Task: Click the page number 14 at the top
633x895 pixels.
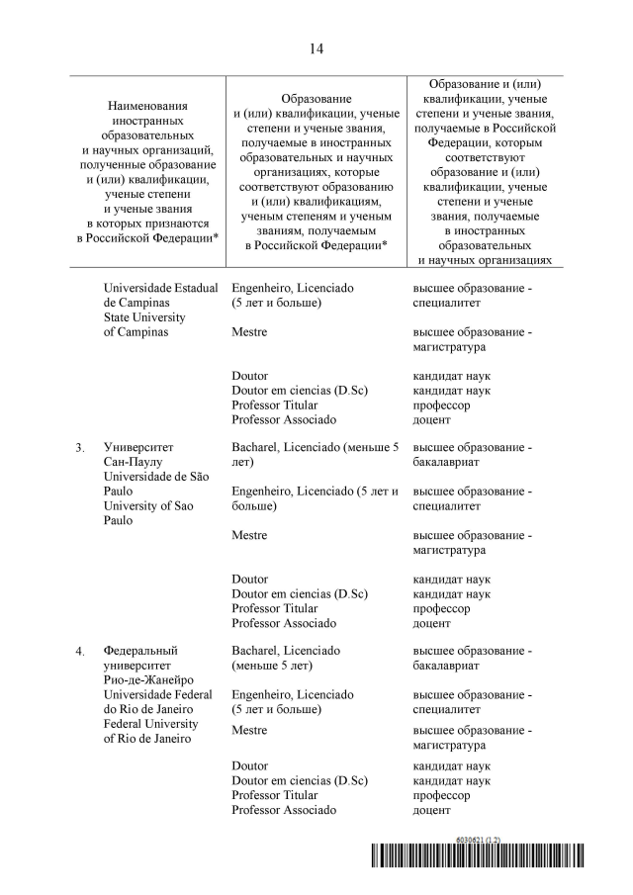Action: (316, 47)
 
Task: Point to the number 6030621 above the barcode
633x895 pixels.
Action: (468, 840)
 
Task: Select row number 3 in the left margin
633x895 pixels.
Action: (79, 448)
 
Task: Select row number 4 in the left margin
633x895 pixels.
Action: (79, 651)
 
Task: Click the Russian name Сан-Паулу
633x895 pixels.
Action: (134, 462)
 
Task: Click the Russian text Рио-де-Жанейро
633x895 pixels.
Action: (147, 679)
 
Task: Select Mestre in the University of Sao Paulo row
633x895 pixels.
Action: (249, 535)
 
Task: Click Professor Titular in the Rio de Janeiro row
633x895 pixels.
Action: (275, 795)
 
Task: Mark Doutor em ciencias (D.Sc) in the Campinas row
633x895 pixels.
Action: (300, 391)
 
